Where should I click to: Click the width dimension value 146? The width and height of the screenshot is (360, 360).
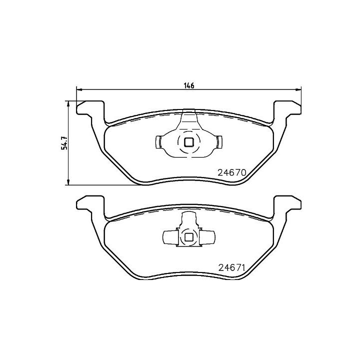tap(189, 85)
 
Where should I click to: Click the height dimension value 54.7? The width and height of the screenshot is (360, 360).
tap(64, 143)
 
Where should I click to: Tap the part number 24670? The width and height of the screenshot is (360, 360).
tap(232, 172)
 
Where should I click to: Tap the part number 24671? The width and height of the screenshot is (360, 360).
tap(232, 267)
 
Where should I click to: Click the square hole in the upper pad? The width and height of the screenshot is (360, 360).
tap(189, 142)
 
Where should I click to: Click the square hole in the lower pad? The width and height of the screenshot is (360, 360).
tap(189, 237)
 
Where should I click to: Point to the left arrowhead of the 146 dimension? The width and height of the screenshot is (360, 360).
tap(79, 89)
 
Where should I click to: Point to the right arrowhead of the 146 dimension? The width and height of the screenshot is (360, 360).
tap(298, 89)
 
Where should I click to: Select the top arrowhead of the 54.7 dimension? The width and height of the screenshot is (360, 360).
tap(67, 104)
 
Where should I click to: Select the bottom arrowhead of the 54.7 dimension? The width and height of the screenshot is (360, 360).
tap(67, 182)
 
